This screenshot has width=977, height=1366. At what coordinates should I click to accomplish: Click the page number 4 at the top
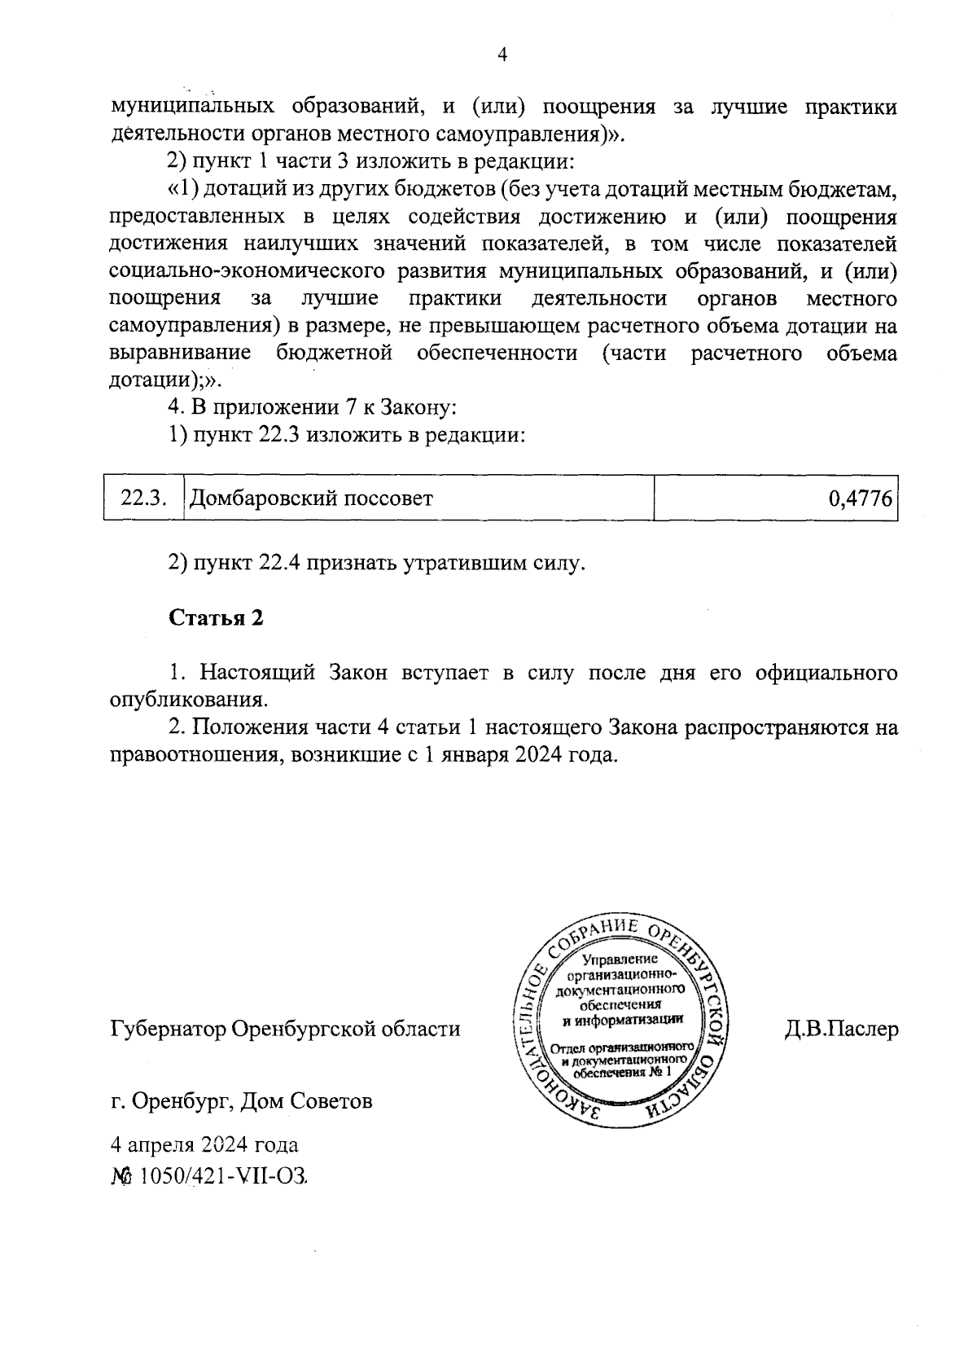point(502,55)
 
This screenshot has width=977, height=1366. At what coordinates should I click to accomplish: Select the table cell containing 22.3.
point(143,498)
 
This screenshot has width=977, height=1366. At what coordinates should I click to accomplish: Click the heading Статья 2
point(216,617)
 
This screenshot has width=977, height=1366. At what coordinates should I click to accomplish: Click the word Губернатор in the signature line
point(168,1030)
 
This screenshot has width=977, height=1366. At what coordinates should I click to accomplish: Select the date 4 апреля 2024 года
point(204,1144)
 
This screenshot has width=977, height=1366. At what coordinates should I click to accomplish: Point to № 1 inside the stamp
point(661,1072)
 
